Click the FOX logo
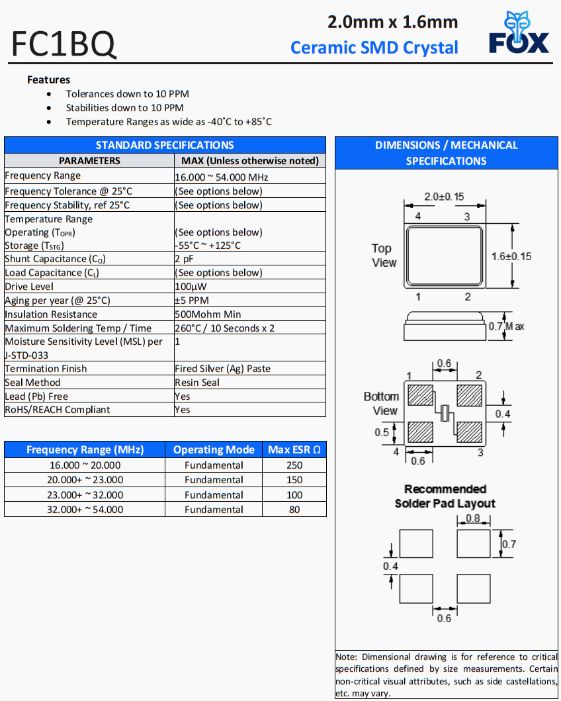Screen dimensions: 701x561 pos(519,33)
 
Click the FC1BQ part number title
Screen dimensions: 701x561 pos(64,44)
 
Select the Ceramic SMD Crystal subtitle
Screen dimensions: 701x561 pos(374,48)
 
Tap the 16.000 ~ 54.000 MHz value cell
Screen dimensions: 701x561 pos(222,177)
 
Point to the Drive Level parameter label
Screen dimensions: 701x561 pos(29,287)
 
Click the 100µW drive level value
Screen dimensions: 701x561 pos(191,287)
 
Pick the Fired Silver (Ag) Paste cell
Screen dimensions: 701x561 pos(222,369)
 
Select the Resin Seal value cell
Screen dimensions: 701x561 pos(197,383)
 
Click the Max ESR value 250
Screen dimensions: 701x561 pos(294,465)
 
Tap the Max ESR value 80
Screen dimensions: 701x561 pos(294,510)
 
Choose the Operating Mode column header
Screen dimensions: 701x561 pos(214,450)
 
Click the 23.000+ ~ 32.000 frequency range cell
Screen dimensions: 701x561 pos(85,495)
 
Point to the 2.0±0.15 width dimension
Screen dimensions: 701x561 pos(443,197)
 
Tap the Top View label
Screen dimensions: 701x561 pos(384,256)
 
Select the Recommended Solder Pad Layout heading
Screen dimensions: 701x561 pos(445,496)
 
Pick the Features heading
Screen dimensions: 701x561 pos(48,79)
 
